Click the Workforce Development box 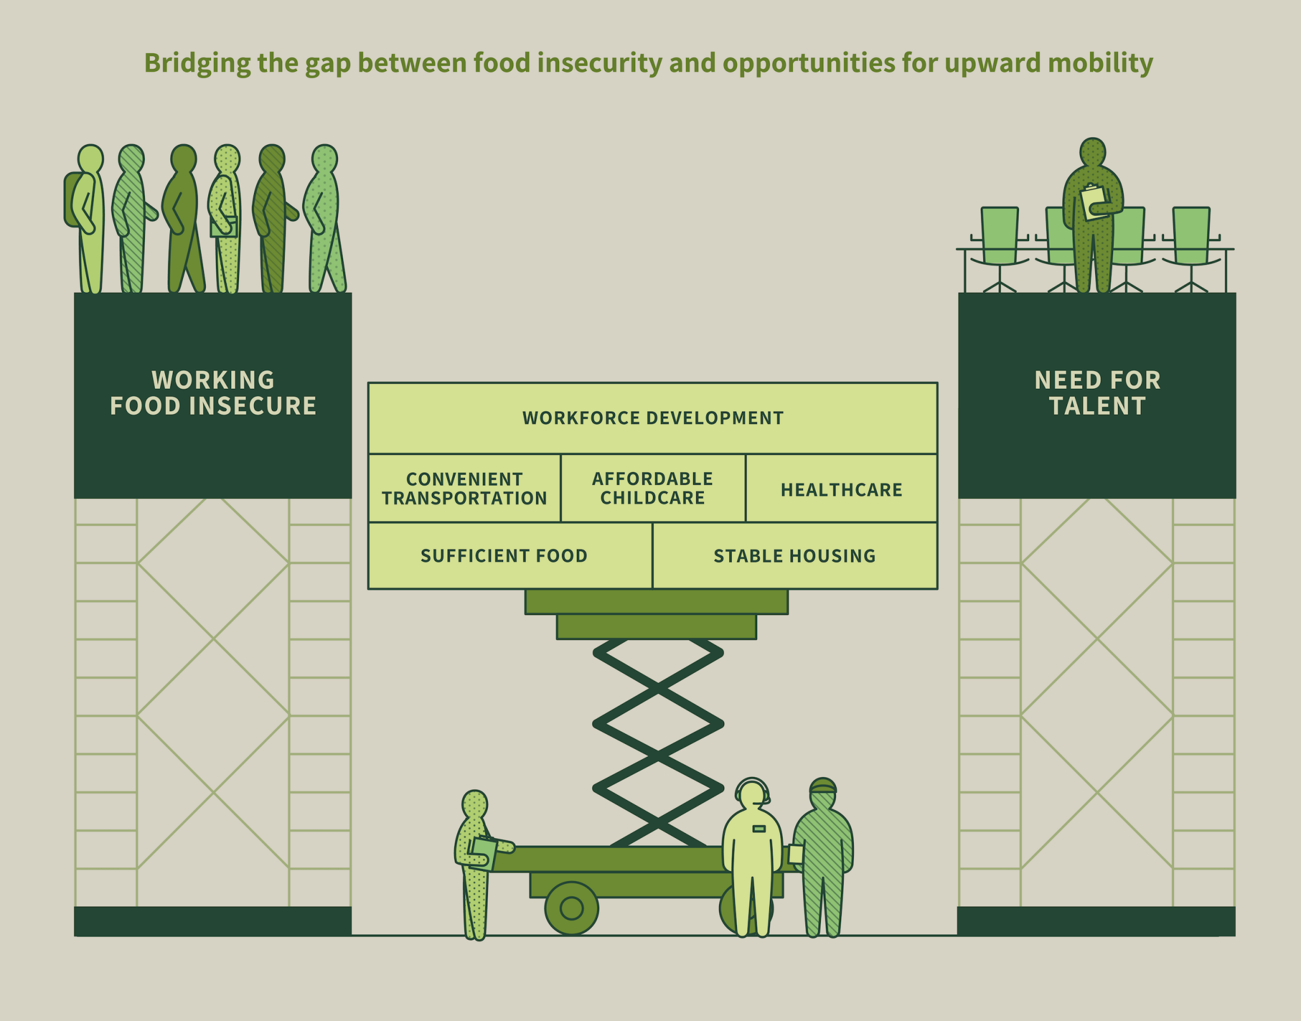pyautogui.click(x=652, y=418)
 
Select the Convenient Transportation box pyautogui.click(x=464, y=489)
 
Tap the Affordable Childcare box pyautogui.click(x=652, y=489)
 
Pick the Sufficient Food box pyautogui.click(x=504, y=556)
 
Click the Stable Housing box pyautogui.click(x=794, y=556)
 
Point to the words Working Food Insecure pyautogui.click(x=213, y=393)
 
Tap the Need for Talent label pyautogui.click(x=1097, y=393)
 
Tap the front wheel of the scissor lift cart pyautogui.click(x=571, y=908)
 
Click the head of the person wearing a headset pyautogui.click(x=752, y=795)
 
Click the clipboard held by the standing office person pyautogui.click(x=1093, y=202)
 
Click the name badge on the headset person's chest pyautogui.click(x=758, y=828)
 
